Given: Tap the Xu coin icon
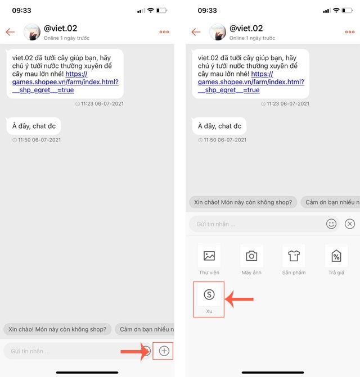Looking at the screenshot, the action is coord(209,294).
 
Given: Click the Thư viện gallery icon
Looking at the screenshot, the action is coord(209,256).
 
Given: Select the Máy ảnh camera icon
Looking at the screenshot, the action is coord(251,256).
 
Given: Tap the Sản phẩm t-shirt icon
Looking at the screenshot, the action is coord(294,256).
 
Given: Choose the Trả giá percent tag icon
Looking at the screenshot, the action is coord(336,256).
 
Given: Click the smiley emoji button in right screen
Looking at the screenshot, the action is coord(331,224).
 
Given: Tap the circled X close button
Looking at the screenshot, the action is coord(350,224).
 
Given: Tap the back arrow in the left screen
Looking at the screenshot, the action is coord(10,31).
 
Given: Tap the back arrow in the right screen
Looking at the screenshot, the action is coord(196,31).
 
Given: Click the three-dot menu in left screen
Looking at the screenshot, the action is coord(164,32).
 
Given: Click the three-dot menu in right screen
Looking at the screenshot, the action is coord(350,32).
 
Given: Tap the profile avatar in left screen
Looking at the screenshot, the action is coord(31,32).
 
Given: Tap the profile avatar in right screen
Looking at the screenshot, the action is coord(218,32).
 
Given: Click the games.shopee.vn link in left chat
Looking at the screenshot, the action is coord(65,82).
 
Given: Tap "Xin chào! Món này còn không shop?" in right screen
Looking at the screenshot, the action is coord(243,202).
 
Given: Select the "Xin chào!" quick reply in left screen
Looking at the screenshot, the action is coord(57,329).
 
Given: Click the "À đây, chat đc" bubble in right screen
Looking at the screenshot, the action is coord(219,126).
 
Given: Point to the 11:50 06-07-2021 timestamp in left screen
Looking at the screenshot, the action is coord(37,140).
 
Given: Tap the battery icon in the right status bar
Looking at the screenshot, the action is coord(347,10).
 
